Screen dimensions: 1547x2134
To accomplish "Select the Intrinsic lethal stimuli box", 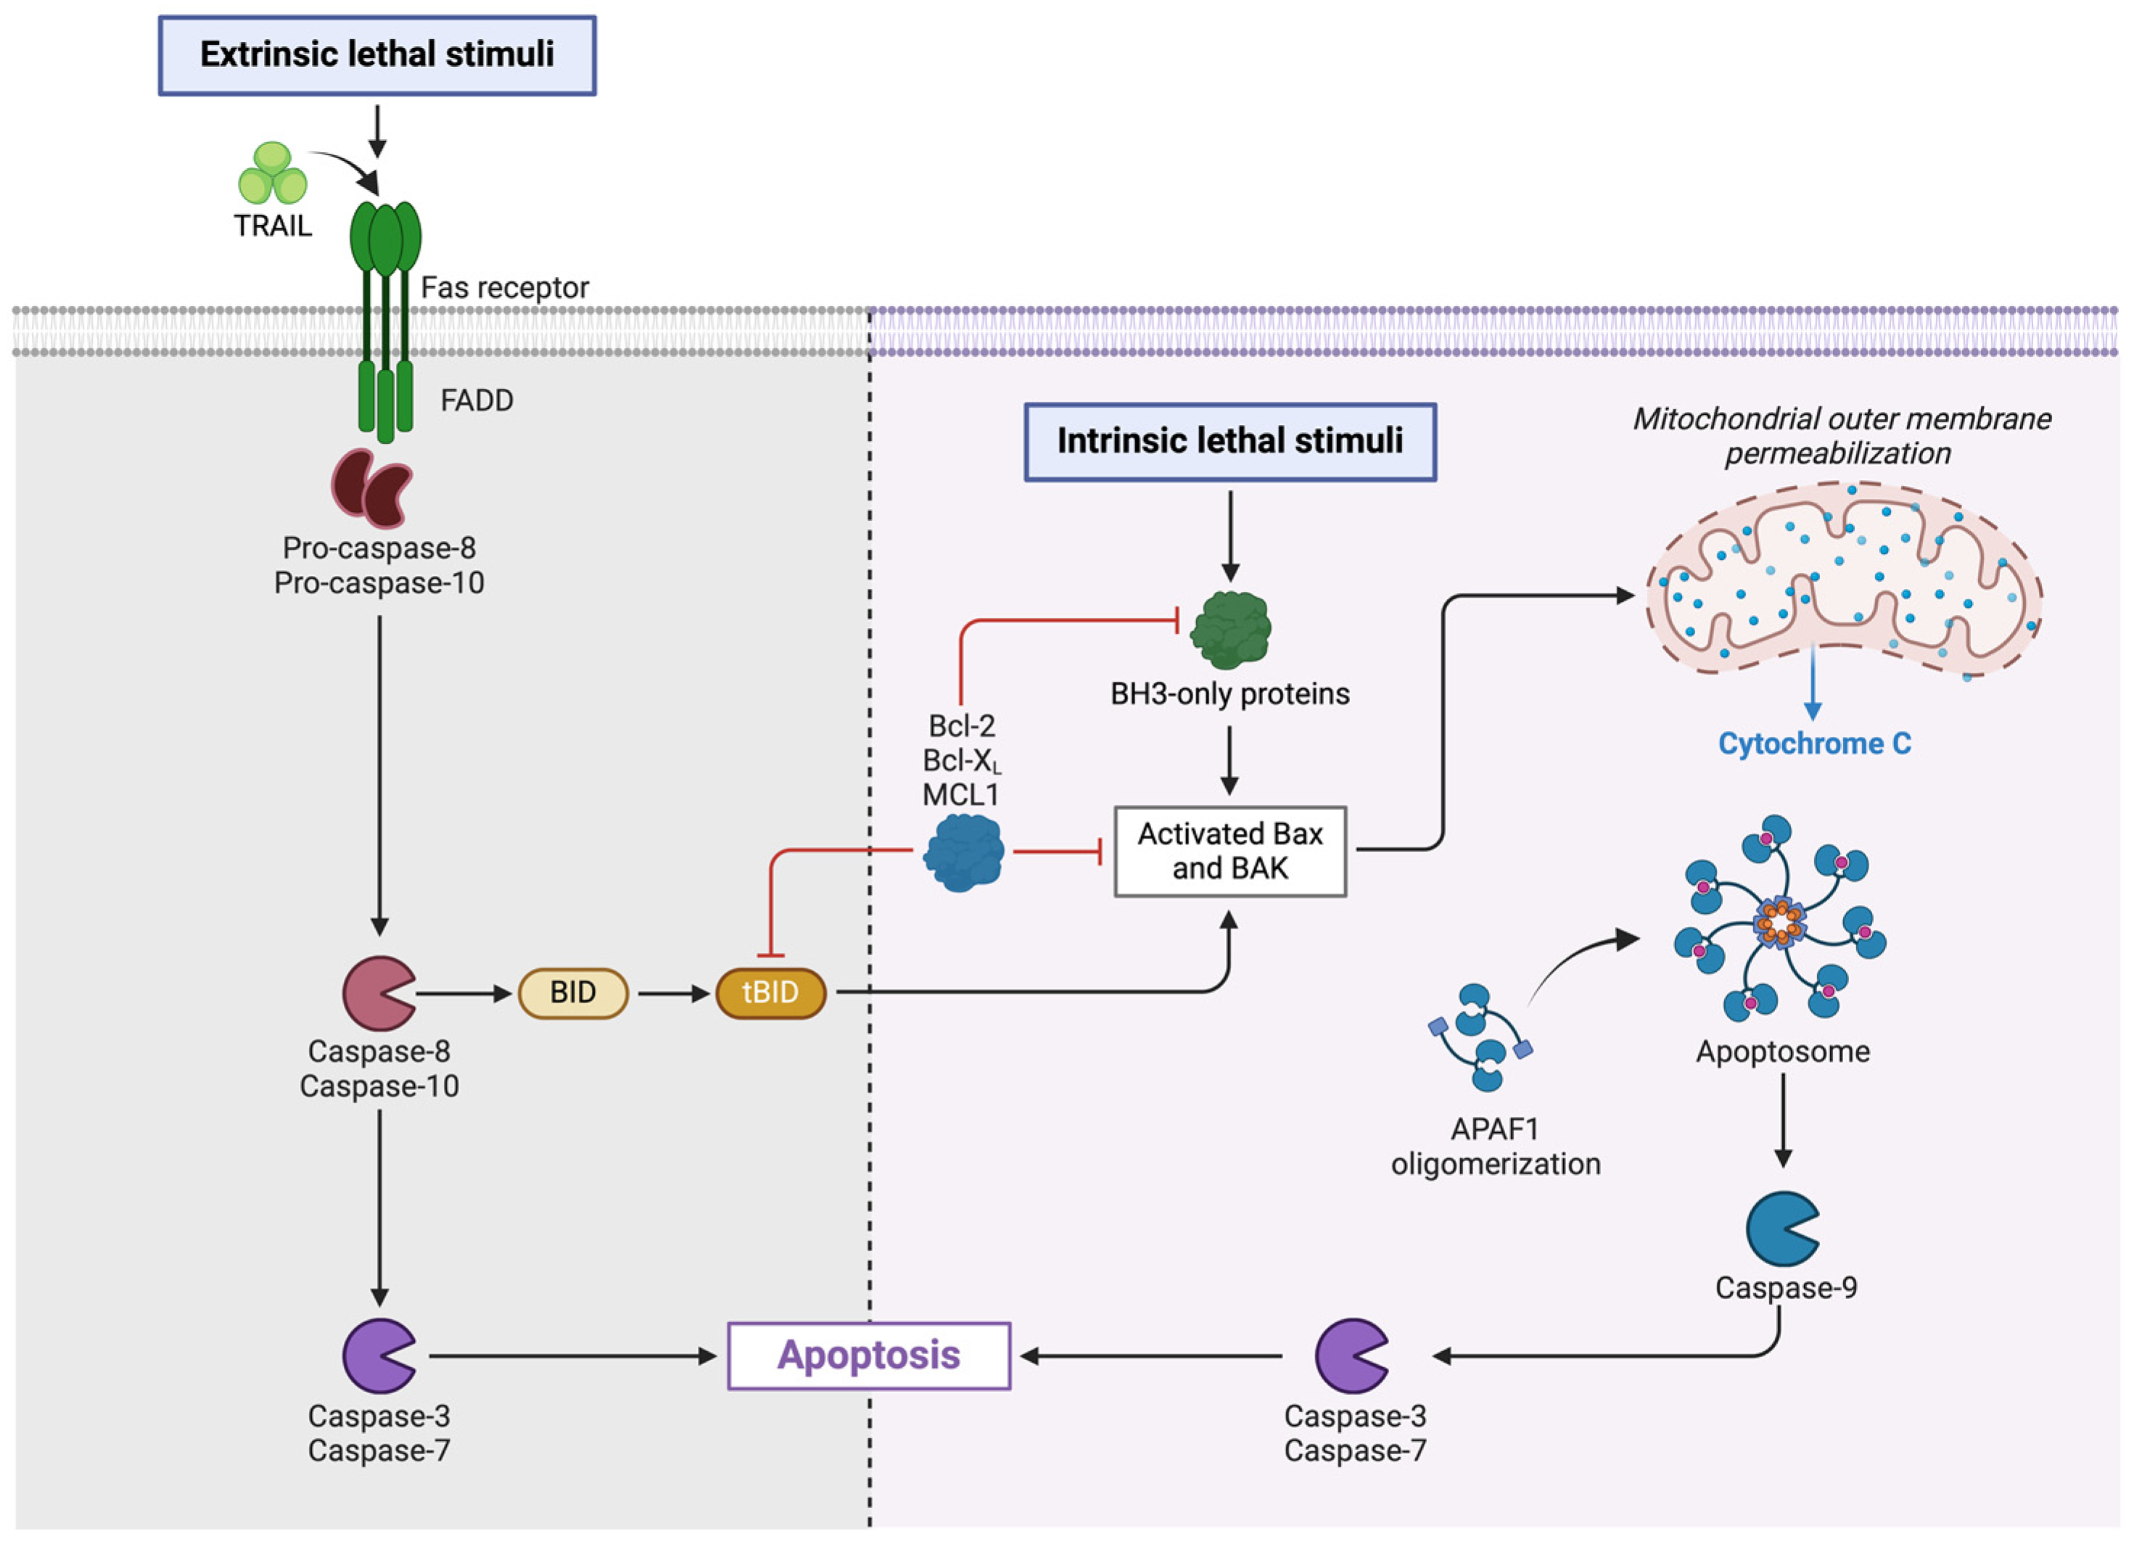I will click(1229, 442).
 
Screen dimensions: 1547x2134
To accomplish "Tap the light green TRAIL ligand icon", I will click(272, 174).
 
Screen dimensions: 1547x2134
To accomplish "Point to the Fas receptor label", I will click(504, 288).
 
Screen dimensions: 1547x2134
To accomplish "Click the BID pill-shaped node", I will click(572, 993).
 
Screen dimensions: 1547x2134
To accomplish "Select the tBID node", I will click(770, 993).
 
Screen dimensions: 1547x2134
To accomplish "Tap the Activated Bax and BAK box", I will click(1229, 851).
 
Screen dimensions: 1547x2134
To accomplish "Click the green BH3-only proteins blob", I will click(1229, 630).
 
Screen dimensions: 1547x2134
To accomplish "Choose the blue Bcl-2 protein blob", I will click(963, 852).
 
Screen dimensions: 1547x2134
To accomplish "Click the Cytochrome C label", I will click(1814, 743).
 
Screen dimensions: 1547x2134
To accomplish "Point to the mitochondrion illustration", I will click(1842, 579).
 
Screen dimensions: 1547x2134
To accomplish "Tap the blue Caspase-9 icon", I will click(1781, 1228).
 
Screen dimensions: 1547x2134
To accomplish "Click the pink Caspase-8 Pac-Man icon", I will click(376, 993).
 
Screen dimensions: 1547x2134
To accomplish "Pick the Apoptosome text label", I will click(1782, 1051).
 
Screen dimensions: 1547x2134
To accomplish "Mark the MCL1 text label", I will click(960, 795).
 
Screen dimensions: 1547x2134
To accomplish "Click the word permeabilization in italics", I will click(1837, 453).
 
